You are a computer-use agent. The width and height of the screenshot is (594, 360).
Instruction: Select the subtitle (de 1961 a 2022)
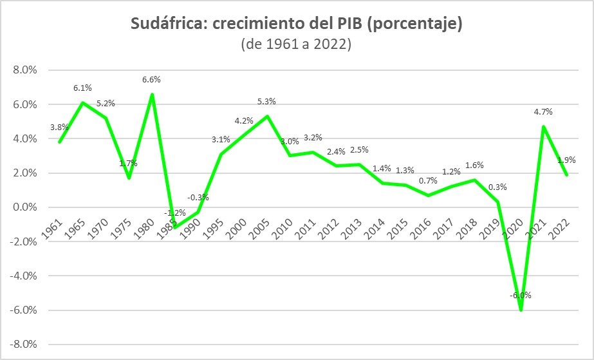[296, 44]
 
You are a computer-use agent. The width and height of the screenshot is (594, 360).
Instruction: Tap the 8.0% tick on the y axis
[25, 70]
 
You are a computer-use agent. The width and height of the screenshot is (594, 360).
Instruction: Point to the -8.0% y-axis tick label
[23, 345]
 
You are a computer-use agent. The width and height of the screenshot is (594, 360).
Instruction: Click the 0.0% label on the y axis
[25, 207]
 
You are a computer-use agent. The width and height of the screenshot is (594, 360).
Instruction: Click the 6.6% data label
[151, 80]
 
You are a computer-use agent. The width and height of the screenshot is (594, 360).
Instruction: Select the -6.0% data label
[521, 295]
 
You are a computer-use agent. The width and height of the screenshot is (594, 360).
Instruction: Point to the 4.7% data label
[543, 112]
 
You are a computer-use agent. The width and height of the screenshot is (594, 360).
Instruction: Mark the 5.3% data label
[266, 102]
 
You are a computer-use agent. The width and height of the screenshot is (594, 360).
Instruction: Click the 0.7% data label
[428, 181]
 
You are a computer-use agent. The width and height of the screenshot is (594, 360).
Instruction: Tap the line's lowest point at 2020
[521, 310]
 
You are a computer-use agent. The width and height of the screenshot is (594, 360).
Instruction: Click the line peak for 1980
[152, 94]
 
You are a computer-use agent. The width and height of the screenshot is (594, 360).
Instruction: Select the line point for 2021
[544, 127]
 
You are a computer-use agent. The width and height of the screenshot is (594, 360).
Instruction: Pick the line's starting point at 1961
[59, 142]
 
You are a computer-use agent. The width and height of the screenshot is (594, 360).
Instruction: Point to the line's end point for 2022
[567, 175]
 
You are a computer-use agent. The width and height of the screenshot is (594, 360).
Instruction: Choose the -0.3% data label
[198, 198]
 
